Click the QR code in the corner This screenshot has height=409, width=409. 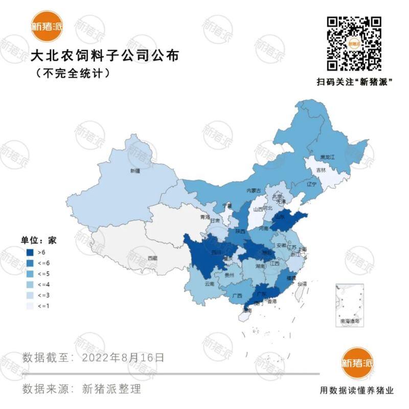pos(354,43)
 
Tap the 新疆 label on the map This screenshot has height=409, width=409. pos(134,171)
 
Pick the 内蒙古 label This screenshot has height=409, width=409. pos(254,191)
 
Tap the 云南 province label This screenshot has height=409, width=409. pos(209,283)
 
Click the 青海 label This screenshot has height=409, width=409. pos(204,217)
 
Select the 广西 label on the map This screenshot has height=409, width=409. pos(236,296)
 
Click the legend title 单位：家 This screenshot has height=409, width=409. pos(38,239)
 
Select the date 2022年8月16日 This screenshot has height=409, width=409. pos(123,357)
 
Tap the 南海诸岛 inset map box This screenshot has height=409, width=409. pos(350,305)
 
